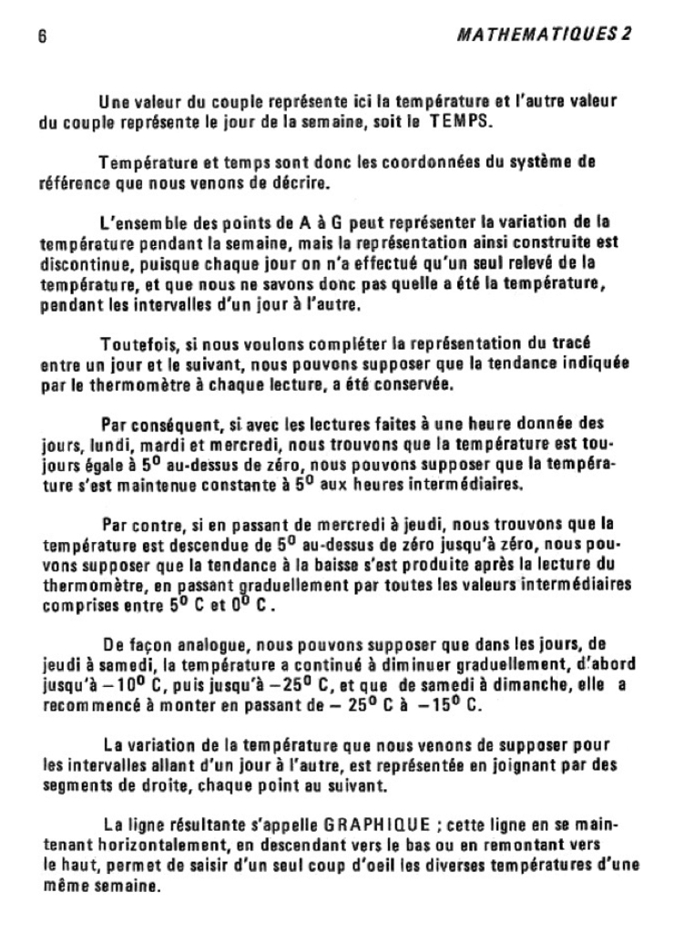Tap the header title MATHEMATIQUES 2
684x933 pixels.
(x=545, y=34)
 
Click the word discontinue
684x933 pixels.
(x=83, y=262)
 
